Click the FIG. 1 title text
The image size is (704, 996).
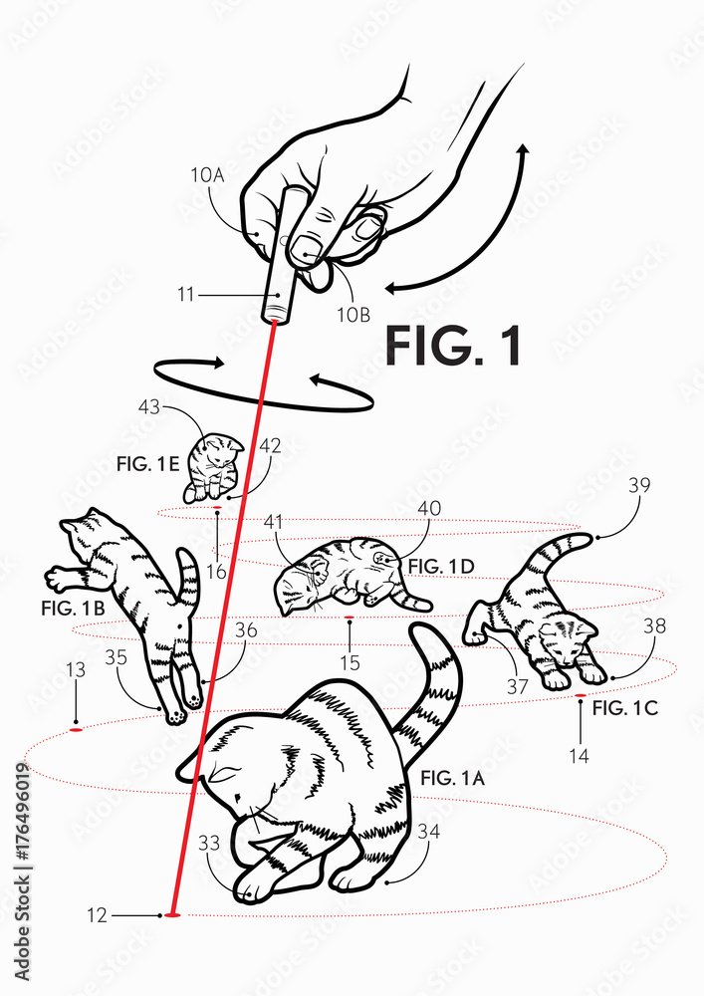[x=453, y=346]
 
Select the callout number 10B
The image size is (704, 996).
[x=352, y=314]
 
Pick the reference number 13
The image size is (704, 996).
[x=75, y=671]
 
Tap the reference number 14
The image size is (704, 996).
[x=580, y=756]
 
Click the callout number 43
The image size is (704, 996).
[x=148, y=408]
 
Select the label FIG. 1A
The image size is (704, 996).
[x=452, y=778]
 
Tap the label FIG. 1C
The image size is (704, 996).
[x=624, y=709]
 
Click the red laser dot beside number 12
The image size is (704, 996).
[x=172, y=914]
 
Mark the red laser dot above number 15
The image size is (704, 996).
[x=349, y=619]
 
